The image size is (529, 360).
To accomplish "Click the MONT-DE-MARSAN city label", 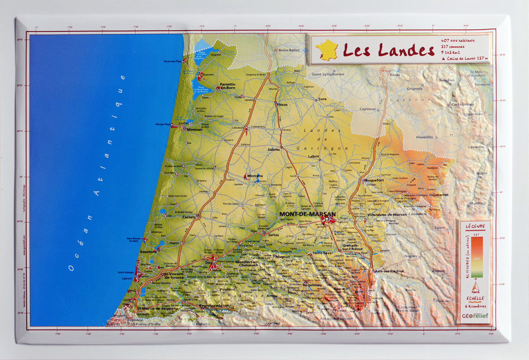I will tap(307, 214).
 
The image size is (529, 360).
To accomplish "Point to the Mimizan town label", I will tap(194, 129).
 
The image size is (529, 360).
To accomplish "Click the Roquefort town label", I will tap(374, 180).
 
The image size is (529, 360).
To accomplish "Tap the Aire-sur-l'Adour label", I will tap(389, 271).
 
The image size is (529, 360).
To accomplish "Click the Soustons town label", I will tap(148, 252).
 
